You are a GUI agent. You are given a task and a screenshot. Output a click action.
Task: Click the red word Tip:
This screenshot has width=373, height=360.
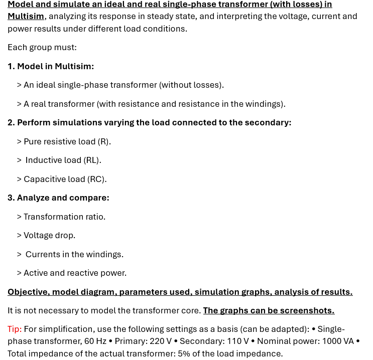[x=15, y=329]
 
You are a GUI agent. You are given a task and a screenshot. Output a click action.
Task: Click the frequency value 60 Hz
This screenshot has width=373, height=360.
[x=93, y=341]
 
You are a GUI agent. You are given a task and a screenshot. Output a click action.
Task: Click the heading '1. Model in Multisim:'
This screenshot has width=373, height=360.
[x=51, y=66]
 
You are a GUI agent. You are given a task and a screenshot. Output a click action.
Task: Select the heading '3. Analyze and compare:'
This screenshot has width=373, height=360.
[x=58, y=198]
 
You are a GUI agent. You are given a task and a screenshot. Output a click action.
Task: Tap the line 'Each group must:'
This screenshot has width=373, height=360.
[x=42, y=47]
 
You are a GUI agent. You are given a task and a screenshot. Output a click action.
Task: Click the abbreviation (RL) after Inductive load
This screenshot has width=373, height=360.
[x=92, y=160]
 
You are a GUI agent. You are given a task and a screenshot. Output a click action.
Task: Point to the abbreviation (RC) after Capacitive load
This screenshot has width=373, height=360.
[x=96, y=179]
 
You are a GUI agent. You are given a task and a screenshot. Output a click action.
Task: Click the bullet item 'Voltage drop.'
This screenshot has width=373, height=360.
[x=49, y=235]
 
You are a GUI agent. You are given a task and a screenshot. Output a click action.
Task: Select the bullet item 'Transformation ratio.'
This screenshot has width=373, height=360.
[x=64, y=217]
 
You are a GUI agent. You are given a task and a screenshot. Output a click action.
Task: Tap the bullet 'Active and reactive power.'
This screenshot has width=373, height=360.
[x=75, y=273]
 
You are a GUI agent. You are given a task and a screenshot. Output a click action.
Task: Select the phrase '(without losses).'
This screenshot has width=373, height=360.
[x=191, y=85]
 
